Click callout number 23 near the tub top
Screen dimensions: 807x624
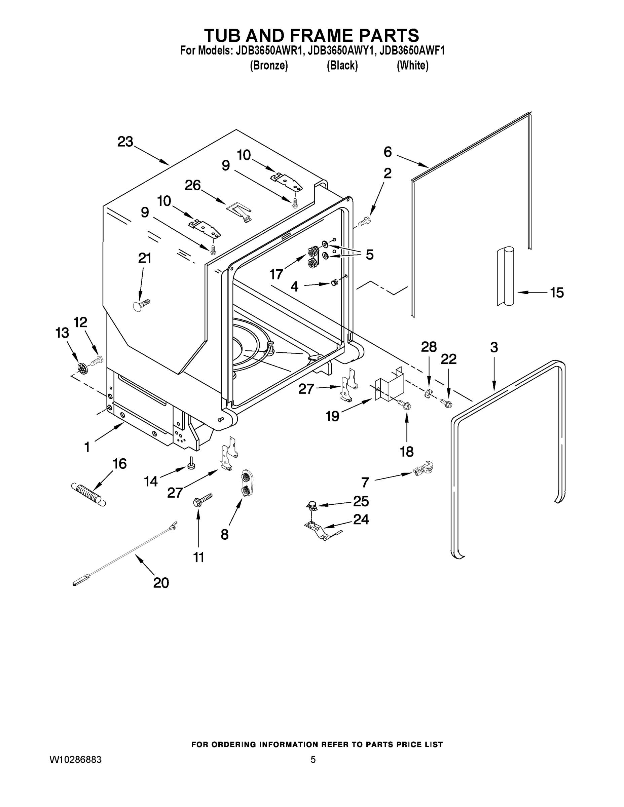coord(125,142)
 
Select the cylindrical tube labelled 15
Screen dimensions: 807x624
coord(505,276)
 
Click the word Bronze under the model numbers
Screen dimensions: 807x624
coord(269,66)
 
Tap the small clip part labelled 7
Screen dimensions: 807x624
coord(423,470)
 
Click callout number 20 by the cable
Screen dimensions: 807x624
coord(161,583)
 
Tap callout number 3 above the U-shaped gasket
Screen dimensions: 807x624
coord(494,347)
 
